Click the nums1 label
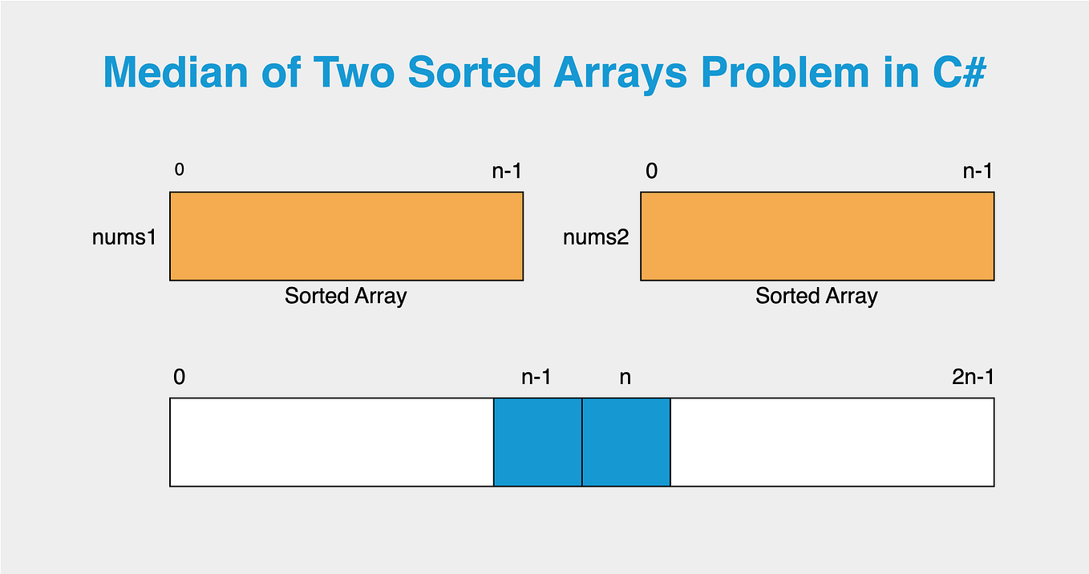coord(123,237)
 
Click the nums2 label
coord(595,237)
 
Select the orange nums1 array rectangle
coord(346,236)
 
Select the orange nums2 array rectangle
coord(817,236)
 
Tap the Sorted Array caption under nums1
coord(346,296)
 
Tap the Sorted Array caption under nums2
coord(816,296)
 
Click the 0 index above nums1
coord(178,170)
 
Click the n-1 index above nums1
coord(507,172)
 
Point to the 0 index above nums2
coord(651,172)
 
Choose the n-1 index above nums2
coord(978,172)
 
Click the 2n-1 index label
coord(973,377)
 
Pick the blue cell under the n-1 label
coord(537,442)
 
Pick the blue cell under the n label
coord(626,442)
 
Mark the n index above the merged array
coord(625,377)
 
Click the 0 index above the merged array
coord(179,377)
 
